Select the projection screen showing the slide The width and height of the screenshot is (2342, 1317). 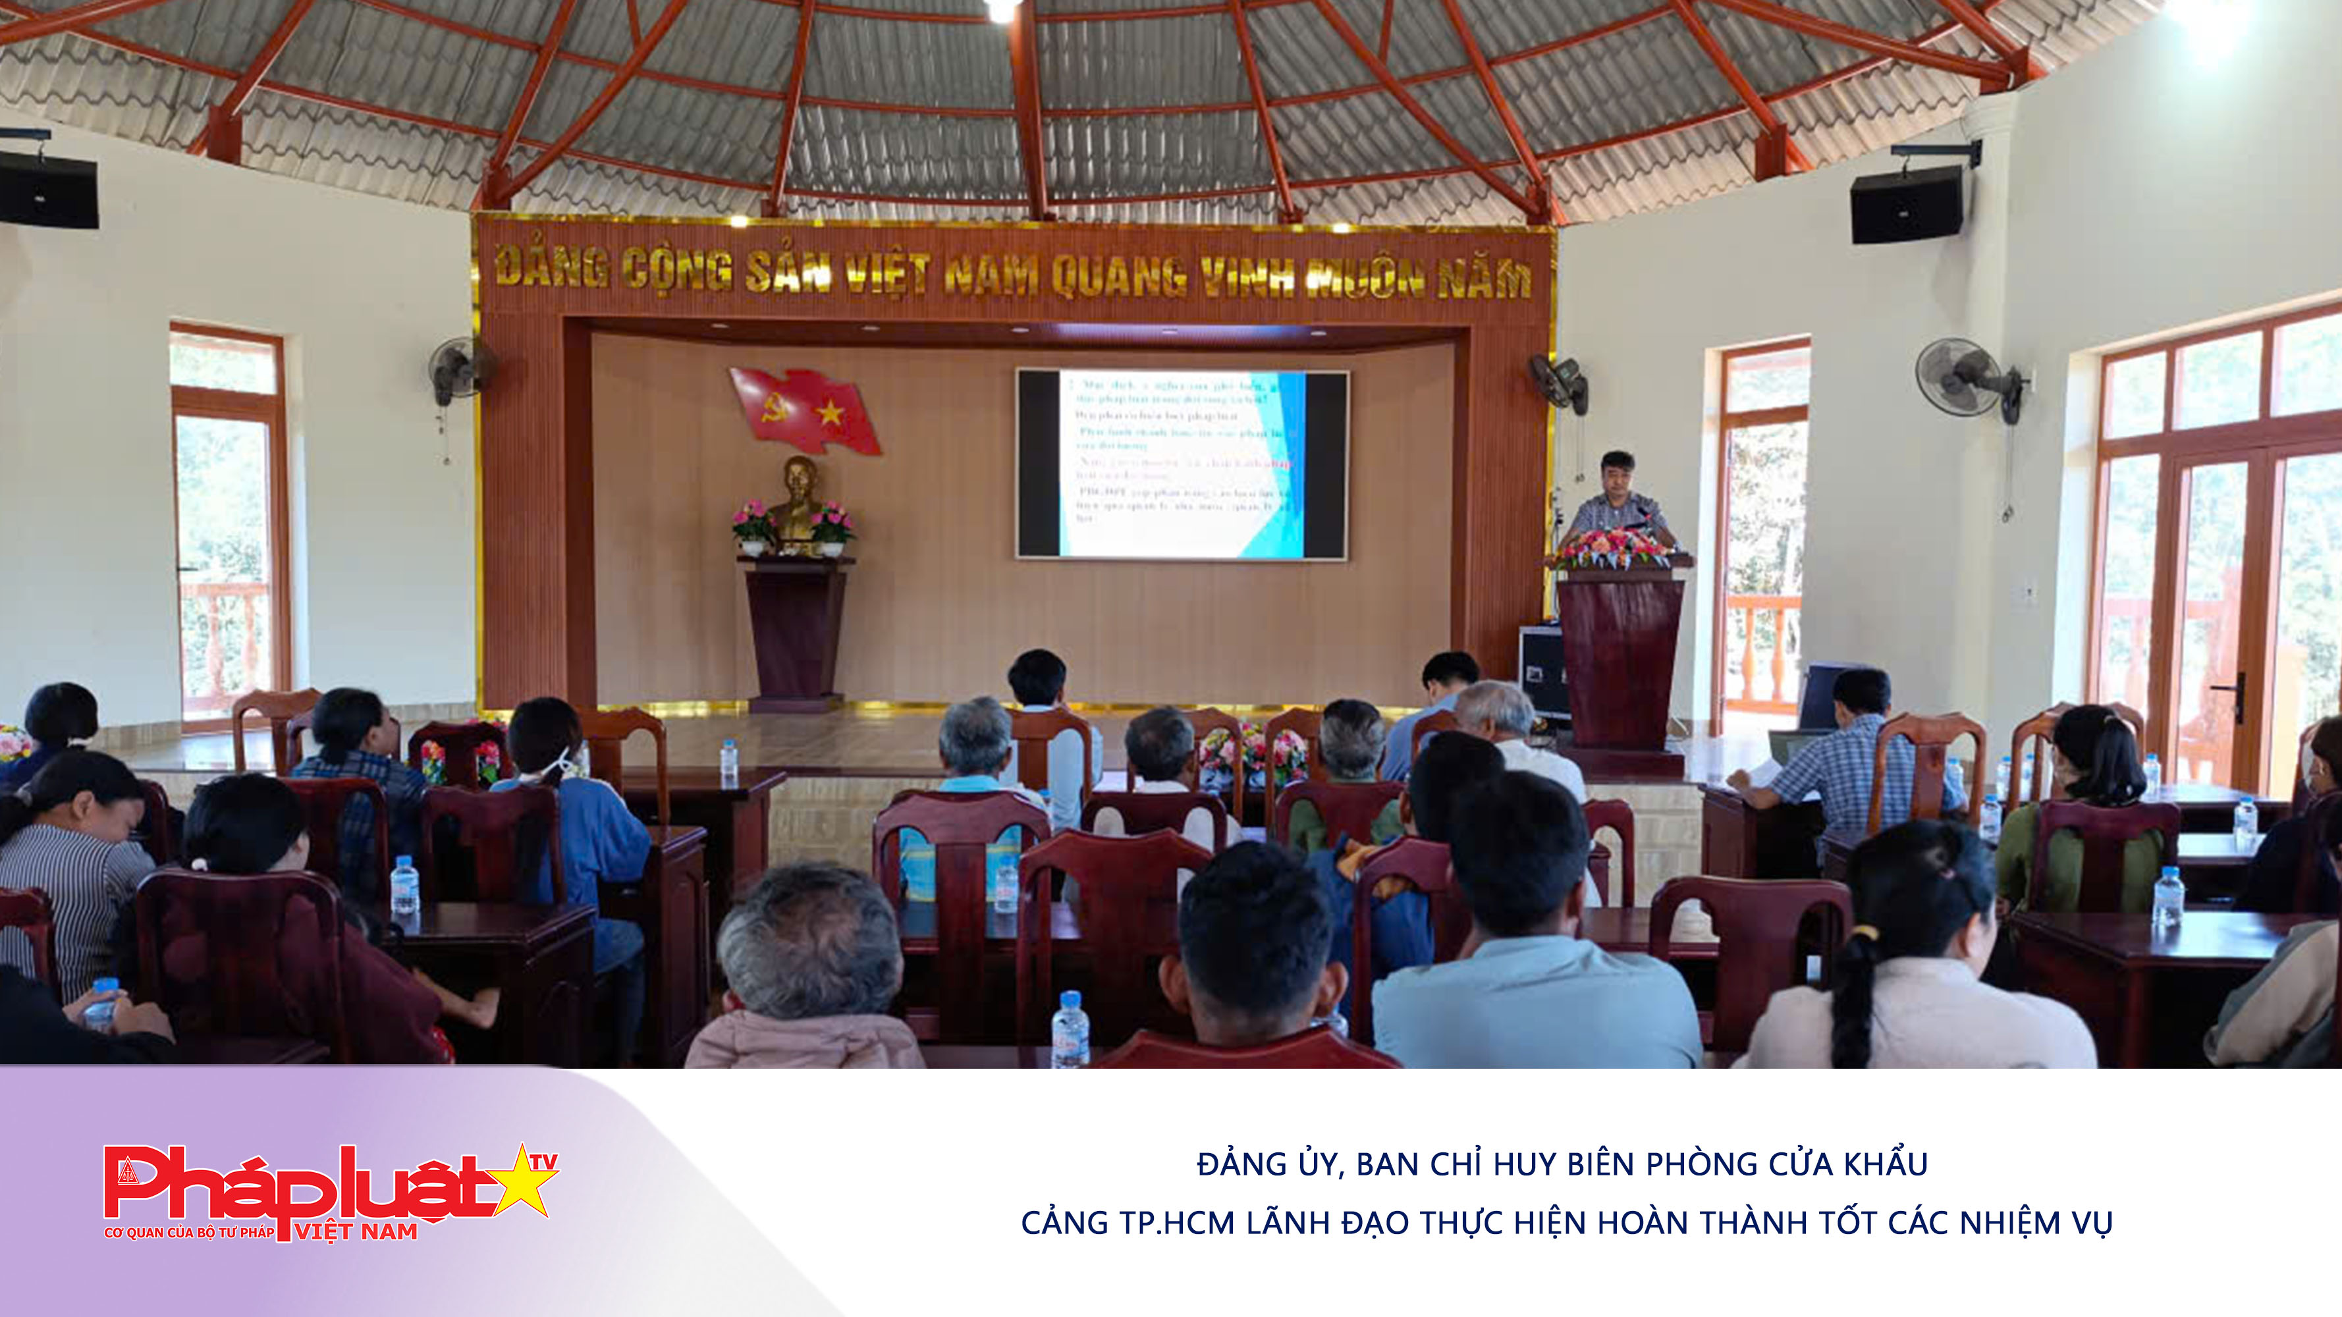1182,464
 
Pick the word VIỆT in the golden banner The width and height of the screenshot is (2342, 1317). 887,275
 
